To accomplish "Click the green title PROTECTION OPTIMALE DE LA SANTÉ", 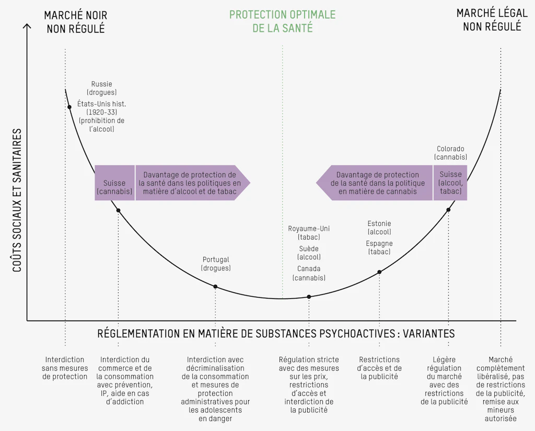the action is click(x=282, y=21).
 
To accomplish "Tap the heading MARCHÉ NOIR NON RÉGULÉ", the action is click(x=76, y=22).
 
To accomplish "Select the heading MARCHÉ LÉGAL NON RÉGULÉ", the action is click(x=492, y=20).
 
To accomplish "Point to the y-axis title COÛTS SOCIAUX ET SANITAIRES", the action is click(x=17, y=200).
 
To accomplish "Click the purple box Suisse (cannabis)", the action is click(x=114, y=183).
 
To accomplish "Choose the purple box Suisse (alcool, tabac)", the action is click(x=450, y=183).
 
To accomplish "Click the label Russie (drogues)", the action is click(x=102, y=88).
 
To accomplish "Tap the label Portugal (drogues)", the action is click(x=216, y=264).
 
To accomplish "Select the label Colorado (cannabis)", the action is click(x=450, y=153).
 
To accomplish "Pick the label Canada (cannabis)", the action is click(x=309, y=273).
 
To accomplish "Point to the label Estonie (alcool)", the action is click(x=379, y=228).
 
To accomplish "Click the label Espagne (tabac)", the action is click(x=379, y=247).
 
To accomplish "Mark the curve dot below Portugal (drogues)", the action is click(x=215, y=287).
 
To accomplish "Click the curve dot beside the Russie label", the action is click(x=69, y=107).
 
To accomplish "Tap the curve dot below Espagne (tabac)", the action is click(x=379, y=272).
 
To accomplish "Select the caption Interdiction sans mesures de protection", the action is click(x=65, y=368).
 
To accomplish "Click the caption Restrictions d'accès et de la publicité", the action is click(x=379, y=368).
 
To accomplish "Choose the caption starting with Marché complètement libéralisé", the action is click(x=501, y=389).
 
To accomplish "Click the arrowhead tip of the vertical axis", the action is click(x=27, y=24).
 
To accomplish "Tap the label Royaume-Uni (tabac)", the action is click(x=309, y=233).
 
